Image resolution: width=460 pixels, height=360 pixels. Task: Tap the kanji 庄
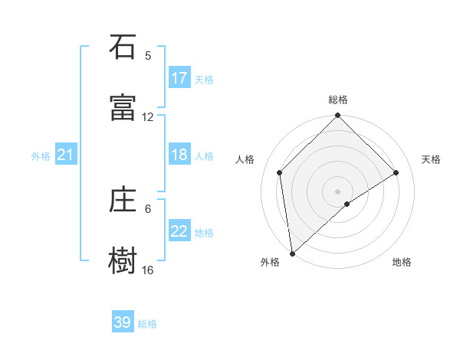point(123,200)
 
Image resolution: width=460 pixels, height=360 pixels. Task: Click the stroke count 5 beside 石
point(148,56)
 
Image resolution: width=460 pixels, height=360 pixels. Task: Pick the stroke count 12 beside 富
point(148,117)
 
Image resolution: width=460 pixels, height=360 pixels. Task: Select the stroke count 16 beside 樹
point(148,270)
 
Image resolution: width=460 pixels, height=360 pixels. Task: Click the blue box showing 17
point(179,78)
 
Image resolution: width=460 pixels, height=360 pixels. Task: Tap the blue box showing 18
point(179,155)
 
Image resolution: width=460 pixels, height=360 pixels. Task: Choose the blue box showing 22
point(179,231)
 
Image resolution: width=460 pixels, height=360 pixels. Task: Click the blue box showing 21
point(66,155)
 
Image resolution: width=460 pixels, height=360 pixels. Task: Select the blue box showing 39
point(123,322)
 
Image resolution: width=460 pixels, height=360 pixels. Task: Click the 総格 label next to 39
point(148,324)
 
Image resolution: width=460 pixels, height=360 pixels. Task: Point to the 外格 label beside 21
point(41,156)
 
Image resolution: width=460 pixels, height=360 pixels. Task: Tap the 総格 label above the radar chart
point(338,100)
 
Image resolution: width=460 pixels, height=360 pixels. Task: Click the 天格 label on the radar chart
point(432,159)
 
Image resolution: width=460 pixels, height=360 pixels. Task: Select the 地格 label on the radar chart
point(402,262)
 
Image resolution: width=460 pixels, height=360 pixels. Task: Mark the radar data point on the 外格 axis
point(292,254)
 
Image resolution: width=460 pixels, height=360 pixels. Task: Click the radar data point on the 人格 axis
point(280,172)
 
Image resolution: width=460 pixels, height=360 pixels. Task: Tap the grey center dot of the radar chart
point(338,191)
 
